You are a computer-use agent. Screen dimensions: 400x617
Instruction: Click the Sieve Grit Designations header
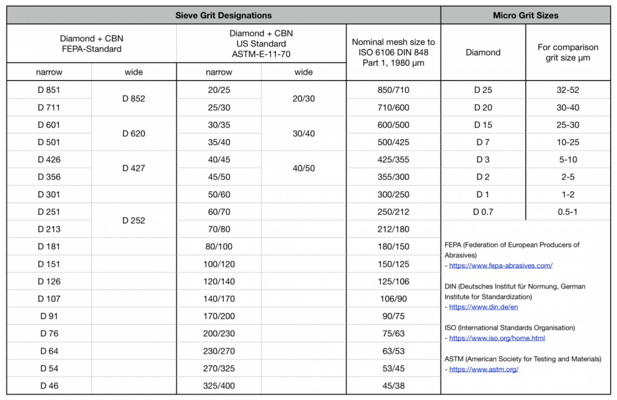pos(223,15)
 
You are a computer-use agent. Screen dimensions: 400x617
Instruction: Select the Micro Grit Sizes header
pos(525,15)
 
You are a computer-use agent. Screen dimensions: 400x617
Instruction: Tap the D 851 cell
pos(49,90)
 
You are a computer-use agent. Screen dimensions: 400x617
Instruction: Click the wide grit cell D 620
pos(134,134)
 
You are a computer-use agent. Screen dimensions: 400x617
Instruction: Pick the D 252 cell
pos(134,220)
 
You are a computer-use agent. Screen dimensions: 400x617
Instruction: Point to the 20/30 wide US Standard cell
pos(304,99)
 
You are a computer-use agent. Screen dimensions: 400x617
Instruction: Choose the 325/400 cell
pos(219,386)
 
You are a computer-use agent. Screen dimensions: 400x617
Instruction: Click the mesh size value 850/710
pos(393,90)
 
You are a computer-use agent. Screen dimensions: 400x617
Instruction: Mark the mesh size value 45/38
pos(393,386)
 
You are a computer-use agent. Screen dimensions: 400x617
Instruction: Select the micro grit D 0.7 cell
pos(483,212)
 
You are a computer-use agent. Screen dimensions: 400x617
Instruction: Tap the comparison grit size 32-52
pos(568,90)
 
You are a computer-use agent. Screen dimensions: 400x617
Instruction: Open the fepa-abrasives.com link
pos(501,265)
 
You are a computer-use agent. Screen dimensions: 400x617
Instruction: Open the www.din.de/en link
pos(484,307)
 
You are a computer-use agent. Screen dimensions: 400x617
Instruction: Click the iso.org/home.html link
pos(497,338)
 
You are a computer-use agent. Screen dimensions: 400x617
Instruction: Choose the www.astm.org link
pos(484,369)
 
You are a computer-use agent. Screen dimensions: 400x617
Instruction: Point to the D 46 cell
pos(49,386)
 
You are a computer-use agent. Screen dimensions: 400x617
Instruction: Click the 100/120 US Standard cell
pos(219,264)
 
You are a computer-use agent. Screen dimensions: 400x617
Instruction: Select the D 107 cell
pos(49,298)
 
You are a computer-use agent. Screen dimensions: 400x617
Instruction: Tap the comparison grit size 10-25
pos(568,142)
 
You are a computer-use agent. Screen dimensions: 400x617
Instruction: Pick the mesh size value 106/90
pos(393,298)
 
